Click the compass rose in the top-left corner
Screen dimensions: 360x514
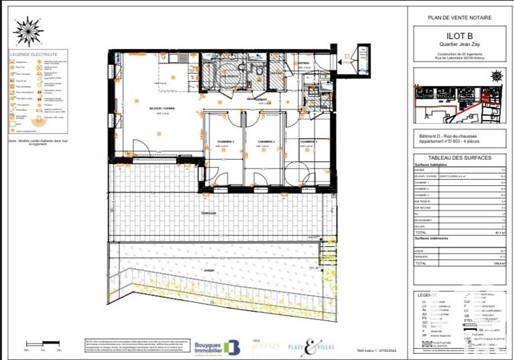(28, 31)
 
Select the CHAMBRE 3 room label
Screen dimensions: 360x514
(225, 142)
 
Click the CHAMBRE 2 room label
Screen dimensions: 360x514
(267, 142)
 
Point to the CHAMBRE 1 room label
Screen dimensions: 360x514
(308, 142)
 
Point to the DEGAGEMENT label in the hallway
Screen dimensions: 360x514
(257, 99)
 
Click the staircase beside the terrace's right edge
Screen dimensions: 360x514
(327, 252)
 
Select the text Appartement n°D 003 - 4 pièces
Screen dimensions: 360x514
(446, 141)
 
